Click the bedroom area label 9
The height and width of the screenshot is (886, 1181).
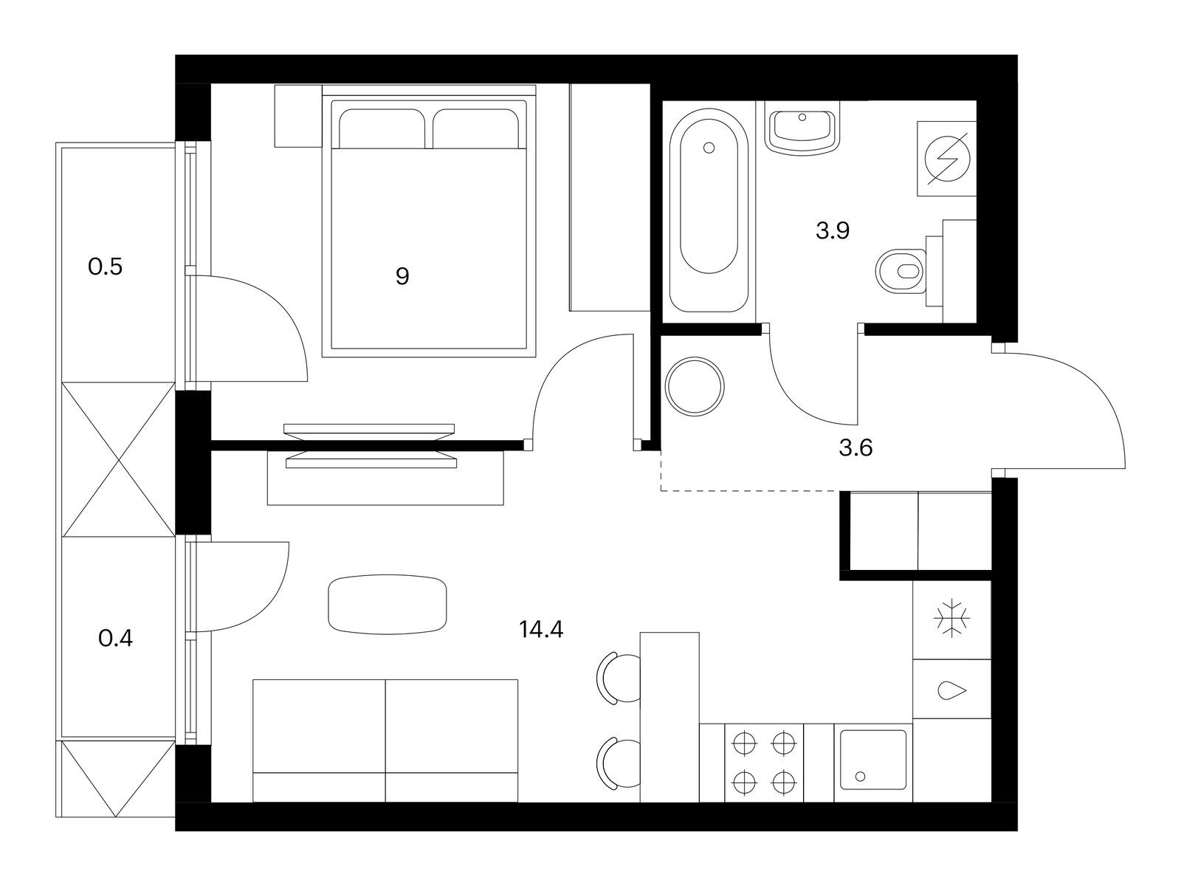[402, 277]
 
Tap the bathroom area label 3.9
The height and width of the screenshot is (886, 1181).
[833, 231]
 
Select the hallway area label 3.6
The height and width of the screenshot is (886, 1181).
[856, 447]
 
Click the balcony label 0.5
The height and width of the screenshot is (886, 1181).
[105, 267]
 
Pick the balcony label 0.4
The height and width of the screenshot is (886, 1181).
[115, 637]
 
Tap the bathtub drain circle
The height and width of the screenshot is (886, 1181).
[709, 148]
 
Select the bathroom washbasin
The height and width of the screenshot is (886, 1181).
[803, 129]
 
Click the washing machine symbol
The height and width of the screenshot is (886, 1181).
[946, 159]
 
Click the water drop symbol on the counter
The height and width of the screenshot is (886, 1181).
[951, 691]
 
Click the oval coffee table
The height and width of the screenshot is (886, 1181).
[388, 604]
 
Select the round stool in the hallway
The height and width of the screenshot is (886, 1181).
[695, 386]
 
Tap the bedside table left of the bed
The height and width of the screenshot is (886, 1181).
[297, 116]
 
